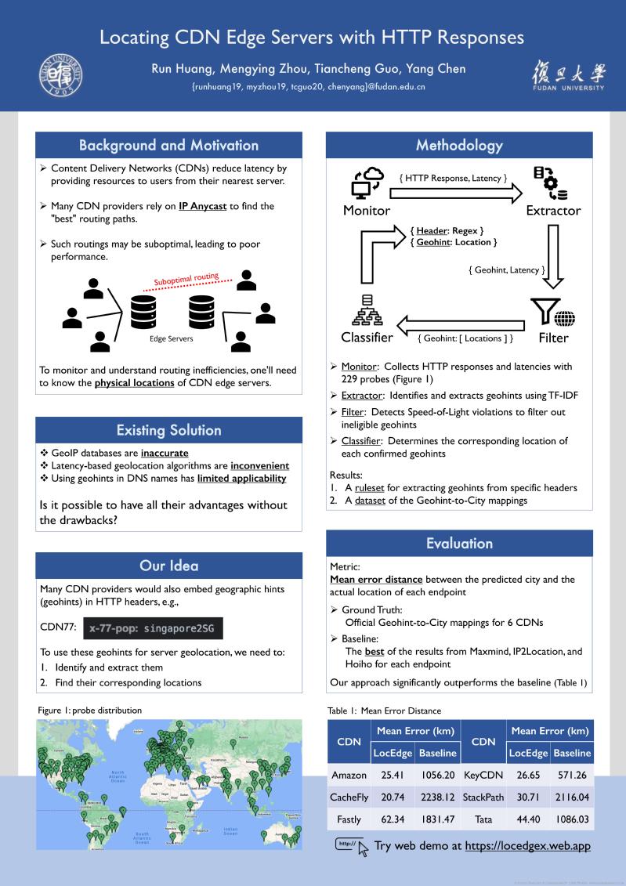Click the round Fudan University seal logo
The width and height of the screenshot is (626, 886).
pos(61,76)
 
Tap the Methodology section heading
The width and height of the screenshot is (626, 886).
pos(459,145)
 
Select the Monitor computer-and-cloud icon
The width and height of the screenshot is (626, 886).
pos(366,183)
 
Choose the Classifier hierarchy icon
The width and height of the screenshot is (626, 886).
pos(366,310)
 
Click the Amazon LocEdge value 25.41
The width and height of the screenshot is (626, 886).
pos(392,775)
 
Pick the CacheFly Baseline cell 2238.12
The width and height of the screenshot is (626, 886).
pos(437,797)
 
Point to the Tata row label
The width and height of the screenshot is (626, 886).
pos(483,819)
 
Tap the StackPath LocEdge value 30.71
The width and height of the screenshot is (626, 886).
pos(528,797)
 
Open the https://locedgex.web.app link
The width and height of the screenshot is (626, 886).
pos(527,845)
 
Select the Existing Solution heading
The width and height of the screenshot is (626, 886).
pos(168,430)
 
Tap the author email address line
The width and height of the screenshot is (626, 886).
pos(309,87)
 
